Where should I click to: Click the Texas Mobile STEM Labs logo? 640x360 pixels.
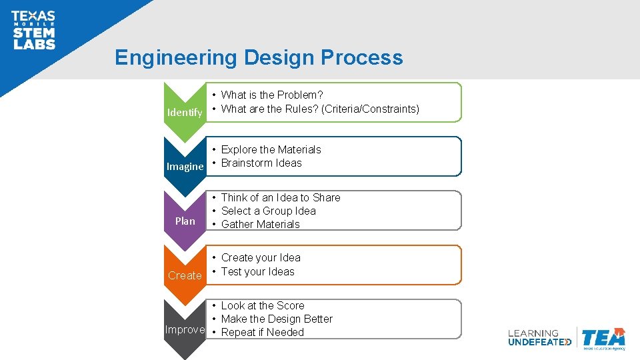tap(33, 30)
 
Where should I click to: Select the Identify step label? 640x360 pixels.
tap(185, 112)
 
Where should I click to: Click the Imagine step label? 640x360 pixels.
tap(185, 167)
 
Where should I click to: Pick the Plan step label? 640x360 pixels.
tap(185, 221)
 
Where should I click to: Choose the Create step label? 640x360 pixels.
tap(185, 275)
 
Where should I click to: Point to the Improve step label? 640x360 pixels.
tap(185, 329)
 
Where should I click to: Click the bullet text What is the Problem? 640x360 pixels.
tap(271, 95)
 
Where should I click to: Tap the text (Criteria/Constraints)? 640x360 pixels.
tap(370, 109)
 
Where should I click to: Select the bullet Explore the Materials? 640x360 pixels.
tap(271, 149)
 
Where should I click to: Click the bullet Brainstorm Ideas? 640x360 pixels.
tap(261, 163)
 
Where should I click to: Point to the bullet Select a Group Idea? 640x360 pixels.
tap(268, 211)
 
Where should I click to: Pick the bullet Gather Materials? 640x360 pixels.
tap(260, 224)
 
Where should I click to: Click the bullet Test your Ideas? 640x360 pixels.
tap(257, 271)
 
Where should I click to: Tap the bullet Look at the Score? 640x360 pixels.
tap(262, 305)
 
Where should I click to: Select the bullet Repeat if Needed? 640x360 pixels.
tap(262, 332)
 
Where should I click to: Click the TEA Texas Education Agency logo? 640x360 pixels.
tap(603, 339)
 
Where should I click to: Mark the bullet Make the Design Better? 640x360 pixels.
tap(277, 319)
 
